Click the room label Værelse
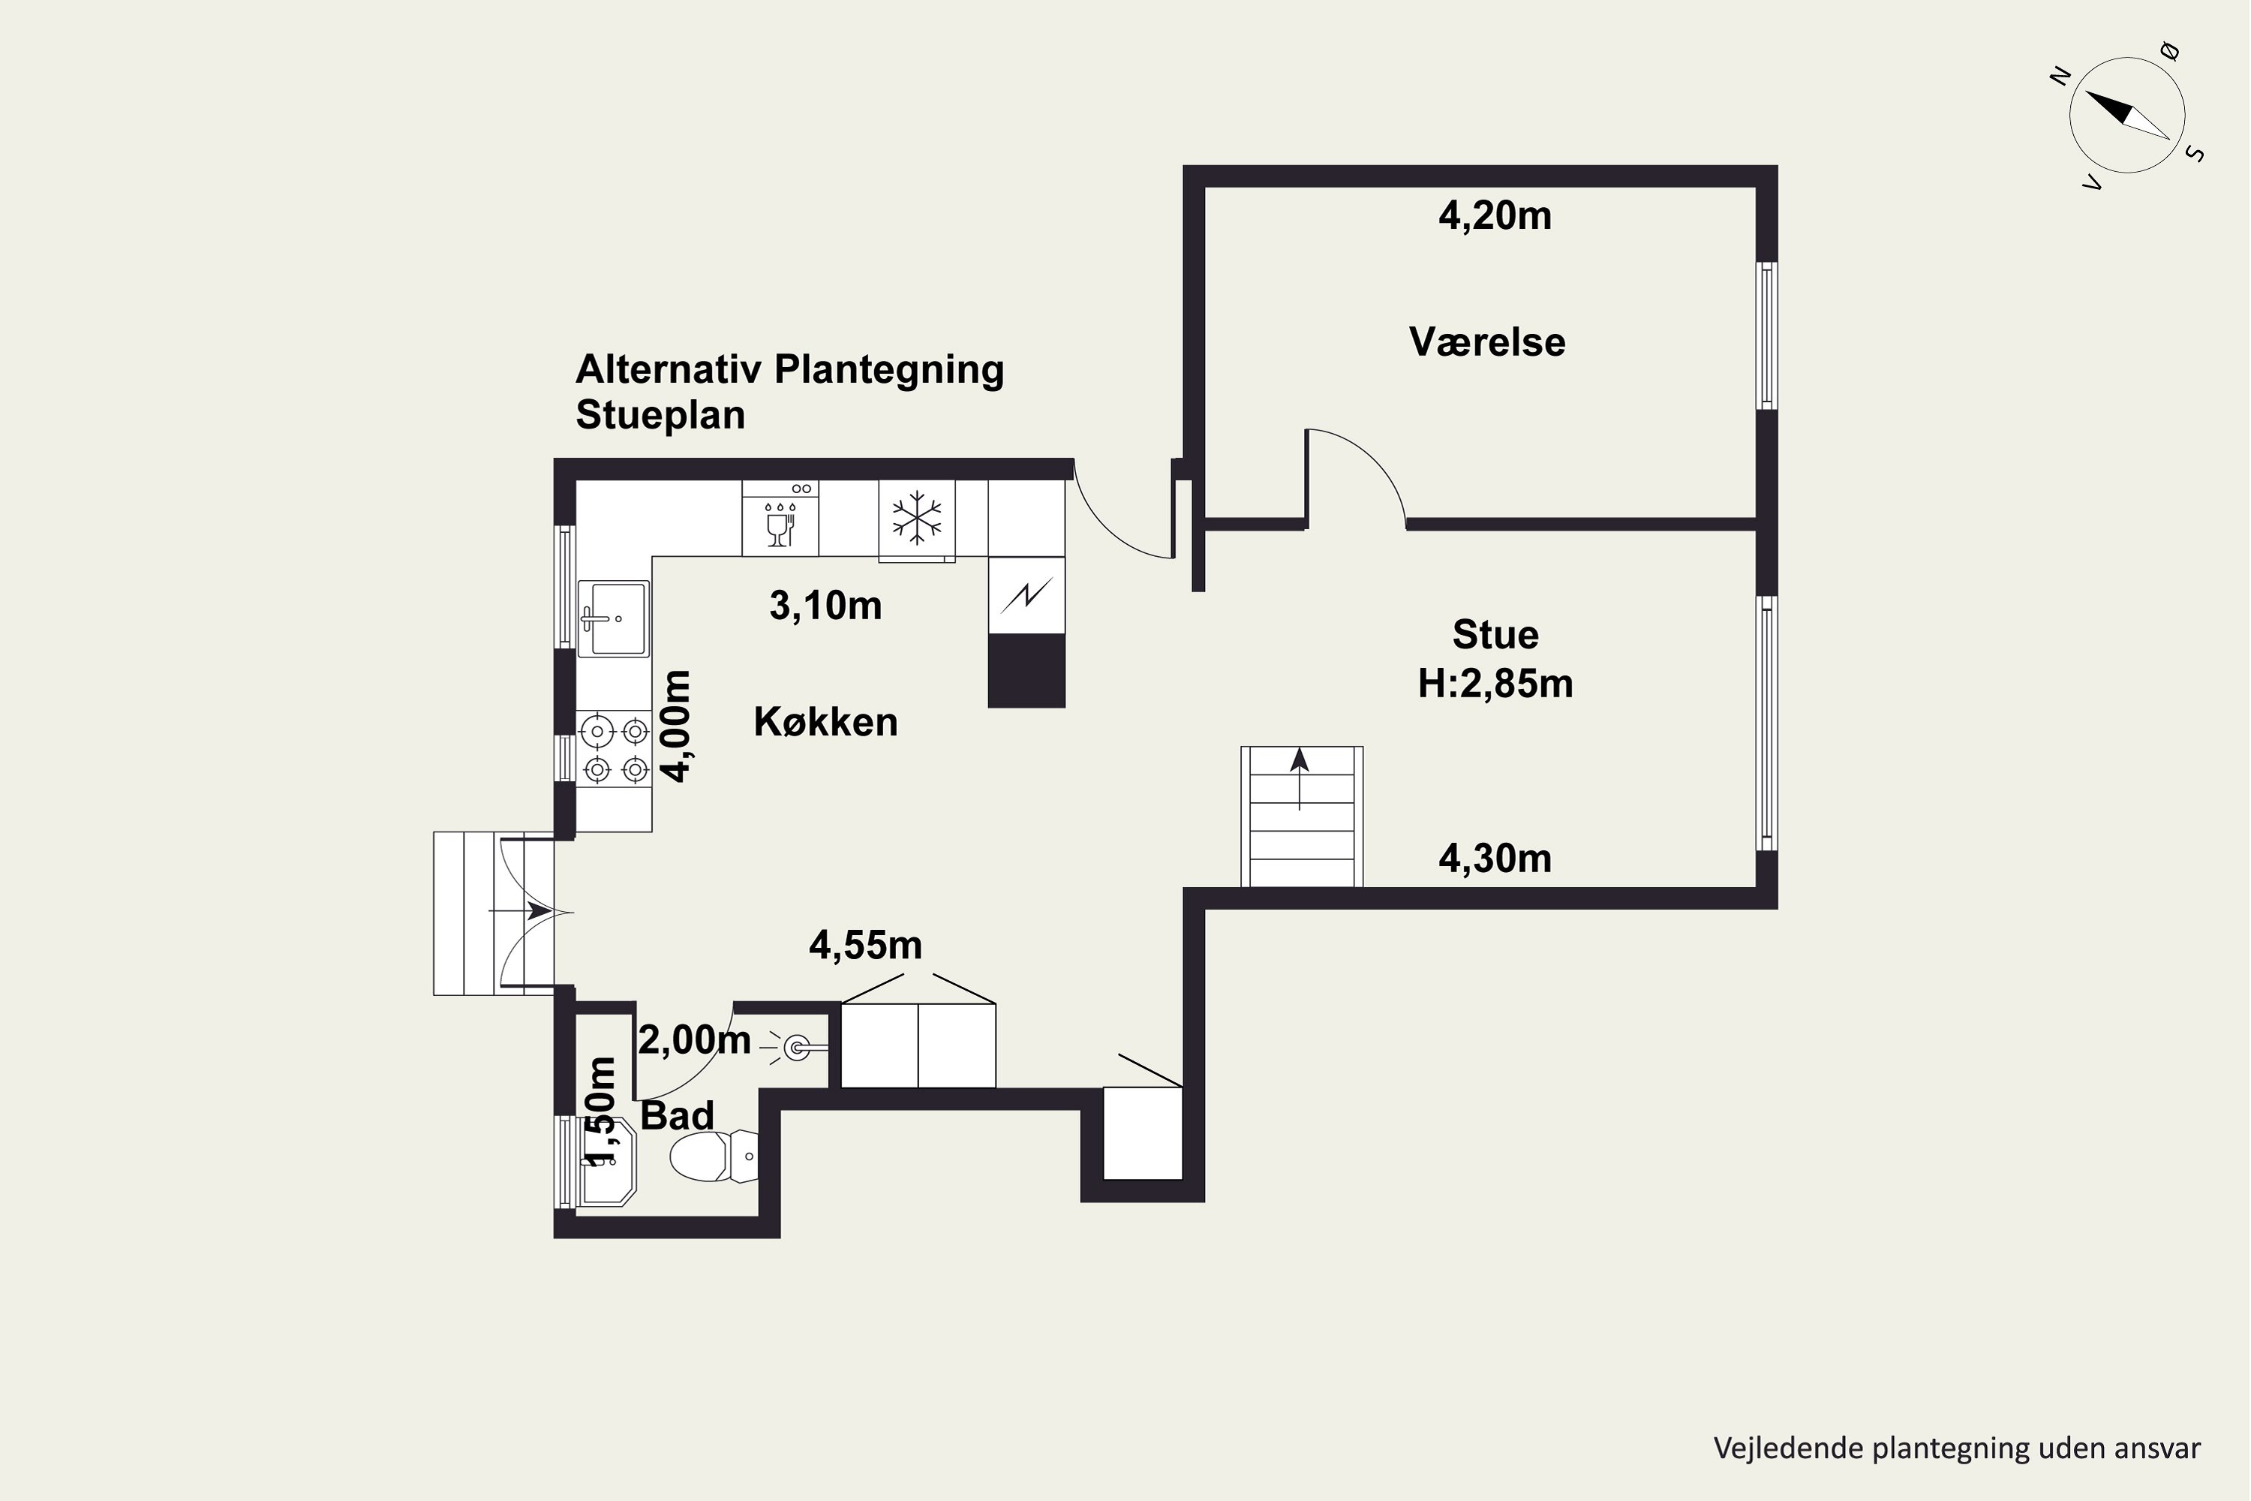(x=1486, y=341)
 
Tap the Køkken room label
(x=826, y=722)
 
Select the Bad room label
(x=677, y=1115)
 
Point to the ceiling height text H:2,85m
(x=1495, y=684)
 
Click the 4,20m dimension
(x=1495, y=216)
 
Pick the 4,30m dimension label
(x=1495, y=859)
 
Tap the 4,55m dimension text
(x=865, y=946)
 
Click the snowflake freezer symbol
(x=917, y=519)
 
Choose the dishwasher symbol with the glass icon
(x=780, y=518)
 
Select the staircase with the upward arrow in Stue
(x=1302, y=817)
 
